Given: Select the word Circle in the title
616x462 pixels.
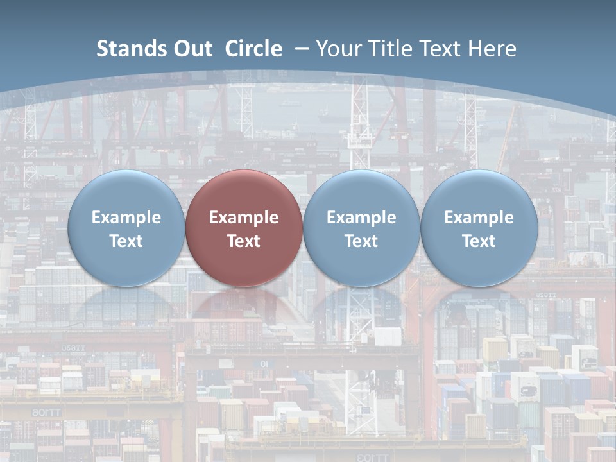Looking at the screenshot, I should (x=253, y=49).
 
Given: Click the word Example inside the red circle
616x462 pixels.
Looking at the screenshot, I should (x=244, y=218).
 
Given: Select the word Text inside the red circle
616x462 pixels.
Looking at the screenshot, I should (x=244, y=241).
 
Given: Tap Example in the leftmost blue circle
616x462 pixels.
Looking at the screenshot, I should (x=126, y=218).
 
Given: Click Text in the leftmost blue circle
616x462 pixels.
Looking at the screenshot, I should (x=126, y=241).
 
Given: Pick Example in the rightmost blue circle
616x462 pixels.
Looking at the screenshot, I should (x=479, y=218).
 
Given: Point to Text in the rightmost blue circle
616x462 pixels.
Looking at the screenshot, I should (x=479, y=241).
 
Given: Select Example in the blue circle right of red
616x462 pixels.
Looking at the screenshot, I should (x=361, y=218).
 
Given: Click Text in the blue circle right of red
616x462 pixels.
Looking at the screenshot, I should (x=361, y=241).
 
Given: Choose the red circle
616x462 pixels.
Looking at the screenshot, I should (x=244, y=263).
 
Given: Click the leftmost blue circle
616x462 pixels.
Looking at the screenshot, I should (x=126, y=263).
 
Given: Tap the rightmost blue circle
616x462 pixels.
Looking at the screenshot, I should (x=479, y=263).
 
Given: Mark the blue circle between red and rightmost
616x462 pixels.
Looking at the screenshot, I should (x=361, y=263).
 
